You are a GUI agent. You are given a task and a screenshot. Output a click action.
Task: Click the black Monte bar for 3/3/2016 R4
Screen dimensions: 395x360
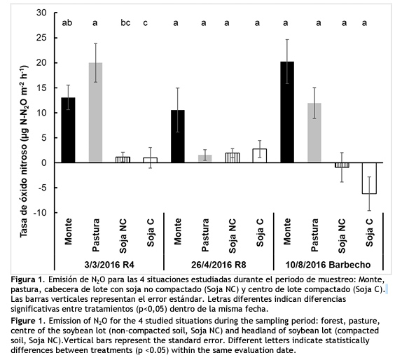tap(68, 130)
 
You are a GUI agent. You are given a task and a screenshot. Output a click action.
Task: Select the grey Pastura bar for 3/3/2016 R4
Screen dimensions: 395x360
tap(96, 113)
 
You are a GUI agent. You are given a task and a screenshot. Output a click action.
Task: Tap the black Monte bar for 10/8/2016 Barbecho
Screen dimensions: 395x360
tap(287, 112)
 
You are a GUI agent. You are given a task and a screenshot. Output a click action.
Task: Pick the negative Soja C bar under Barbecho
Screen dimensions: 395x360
tap(369, 178)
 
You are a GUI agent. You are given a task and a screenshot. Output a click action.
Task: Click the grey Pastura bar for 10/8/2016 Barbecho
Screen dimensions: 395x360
tap(314, 133)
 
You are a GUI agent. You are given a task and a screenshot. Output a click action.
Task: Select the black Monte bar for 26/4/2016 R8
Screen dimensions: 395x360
tap(178, 137)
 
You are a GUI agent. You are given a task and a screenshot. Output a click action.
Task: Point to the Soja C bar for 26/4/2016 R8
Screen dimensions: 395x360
tap(260, 155)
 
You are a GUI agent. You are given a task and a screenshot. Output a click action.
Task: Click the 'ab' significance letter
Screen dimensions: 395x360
tap(67, 23)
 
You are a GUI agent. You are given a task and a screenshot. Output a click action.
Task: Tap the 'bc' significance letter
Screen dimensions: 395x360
tap(125, 23)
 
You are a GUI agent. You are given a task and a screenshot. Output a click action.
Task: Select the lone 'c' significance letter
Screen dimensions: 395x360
tap(146, 23)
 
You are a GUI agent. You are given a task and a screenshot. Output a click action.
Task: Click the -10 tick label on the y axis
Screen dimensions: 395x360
tap(40, 213)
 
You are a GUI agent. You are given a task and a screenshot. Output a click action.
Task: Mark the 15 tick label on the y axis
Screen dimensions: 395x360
tap(42, 88)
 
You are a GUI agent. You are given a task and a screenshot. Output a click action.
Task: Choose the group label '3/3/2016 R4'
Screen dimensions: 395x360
tap(109, 265)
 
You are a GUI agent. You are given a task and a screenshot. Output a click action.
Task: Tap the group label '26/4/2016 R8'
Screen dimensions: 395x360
tap(219, 265)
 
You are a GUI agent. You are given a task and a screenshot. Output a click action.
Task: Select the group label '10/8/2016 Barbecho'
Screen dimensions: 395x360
tap(328, 265)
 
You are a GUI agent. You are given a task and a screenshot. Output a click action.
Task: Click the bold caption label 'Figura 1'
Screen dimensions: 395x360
tap(27, 279)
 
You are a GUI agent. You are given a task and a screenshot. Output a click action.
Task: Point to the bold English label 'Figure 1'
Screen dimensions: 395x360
tap(27, 321)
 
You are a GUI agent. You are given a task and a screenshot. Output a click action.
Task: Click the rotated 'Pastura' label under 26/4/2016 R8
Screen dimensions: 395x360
tap(205, 235)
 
